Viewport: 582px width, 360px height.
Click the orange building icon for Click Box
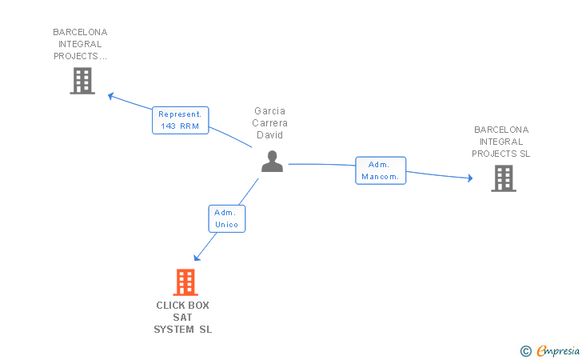pyautogui.click(x=185, y=282)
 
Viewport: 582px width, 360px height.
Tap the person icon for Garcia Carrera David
pyautogui.click(x=273, y=162)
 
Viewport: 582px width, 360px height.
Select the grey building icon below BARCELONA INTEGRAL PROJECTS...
pyautogui.click(x=82, y=81)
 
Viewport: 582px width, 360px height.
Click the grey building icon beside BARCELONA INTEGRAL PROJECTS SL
pyautogui.click(x=504, y=178)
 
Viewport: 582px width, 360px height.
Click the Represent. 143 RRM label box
pyautogui.click(x=180, y=120)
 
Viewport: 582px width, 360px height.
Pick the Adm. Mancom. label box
pyautogui.click(x=381, y=170)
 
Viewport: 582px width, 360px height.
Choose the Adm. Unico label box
pyautogui.click(x=226, y=218)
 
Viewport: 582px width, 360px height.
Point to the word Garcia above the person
pyautogui.click(x=270, y=111)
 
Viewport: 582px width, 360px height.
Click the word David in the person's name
pyautogui.click(x=270, y=135)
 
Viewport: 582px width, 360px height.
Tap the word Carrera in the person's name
pyautogui.click(x=270, y=123)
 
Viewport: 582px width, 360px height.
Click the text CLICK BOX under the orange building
pyautogui.click(x=183, y=306)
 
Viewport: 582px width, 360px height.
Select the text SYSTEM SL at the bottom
pyautogui.click(x=183, y=330)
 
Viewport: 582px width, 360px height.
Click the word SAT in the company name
pyautogui.click(x=183, y=318)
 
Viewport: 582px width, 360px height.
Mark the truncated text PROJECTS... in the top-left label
pyautogui.click(x=80, y=56)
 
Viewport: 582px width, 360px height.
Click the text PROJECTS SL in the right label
pyautogui.click(x=501, y=154)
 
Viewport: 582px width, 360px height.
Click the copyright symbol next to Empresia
pyautogui.click(x=525, y=350)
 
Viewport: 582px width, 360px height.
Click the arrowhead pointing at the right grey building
pyautogui.click(x=469, y=178)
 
